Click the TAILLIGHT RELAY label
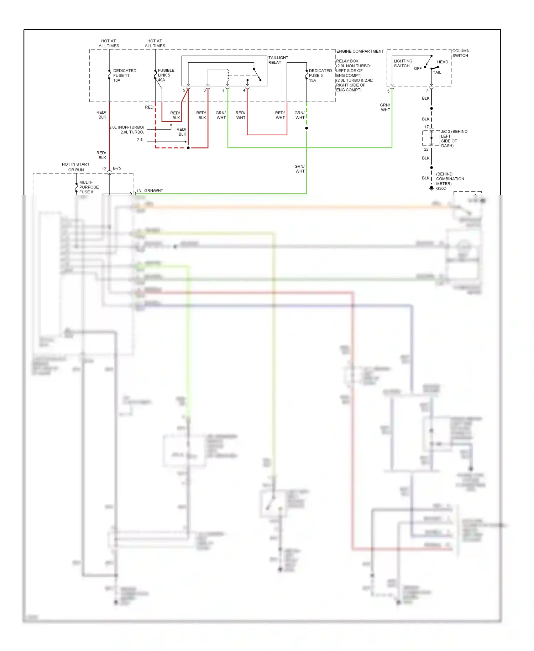278,60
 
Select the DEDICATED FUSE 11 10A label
124,75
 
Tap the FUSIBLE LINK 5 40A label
166,75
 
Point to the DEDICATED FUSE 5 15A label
320,75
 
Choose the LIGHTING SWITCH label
403,63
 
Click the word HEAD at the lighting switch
443,62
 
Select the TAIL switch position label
437,73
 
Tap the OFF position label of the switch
418,68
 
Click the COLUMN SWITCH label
461,53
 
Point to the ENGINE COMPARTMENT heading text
360,51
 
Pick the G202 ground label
441,189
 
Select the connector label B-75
117,168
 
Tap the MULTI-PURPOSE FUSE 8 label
89,187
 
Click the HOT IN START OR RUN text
75,167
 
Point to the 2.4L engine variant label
141,140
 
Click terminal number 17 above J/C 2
426,127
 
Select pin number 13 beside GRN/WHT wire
138,191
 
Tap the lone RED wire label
149,107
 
